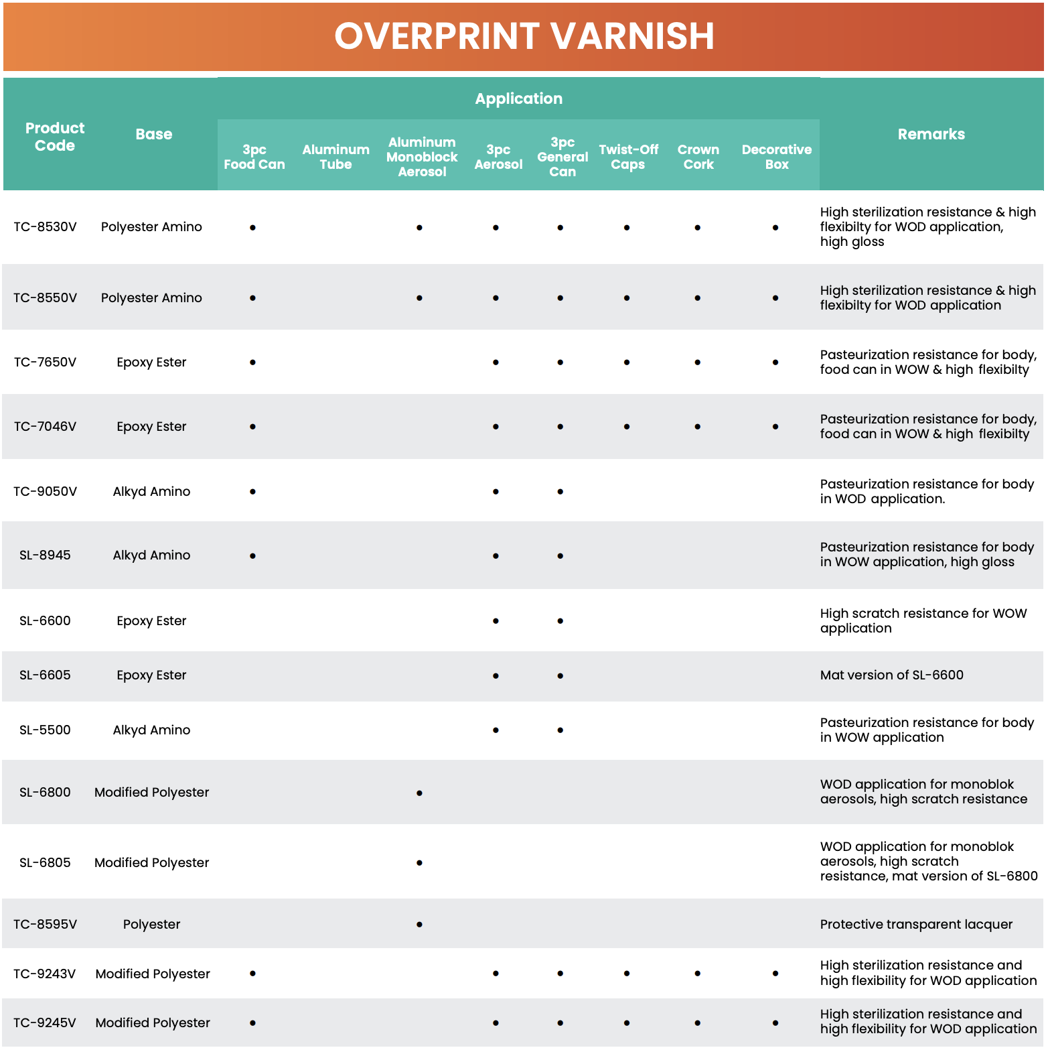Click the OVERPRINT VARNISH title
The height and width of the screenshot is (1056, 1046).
524,36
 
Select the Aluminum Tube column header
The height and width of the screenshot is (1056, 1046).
335,157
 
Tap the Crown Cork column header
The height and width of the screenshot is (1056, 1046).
698,157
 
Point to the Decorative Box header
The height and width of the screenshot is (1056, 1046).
776,157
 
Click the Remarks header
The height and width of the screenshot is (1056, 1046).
931,134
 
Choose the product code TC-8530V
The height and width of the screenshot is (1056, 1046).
46,227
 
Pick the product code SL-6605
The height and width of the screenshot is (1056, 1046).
45,675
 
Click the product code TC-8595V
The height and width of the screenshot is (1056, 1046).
46,925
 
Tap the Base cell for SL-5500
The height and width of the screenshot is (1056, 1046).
151,730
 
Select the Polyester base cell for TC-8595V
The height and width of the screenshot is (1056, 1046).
151,925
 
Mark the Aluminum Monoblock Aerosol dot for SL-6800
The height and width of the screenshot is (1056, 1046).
419,793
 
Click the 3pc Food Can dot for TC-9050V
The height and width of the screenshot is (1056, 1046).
252,492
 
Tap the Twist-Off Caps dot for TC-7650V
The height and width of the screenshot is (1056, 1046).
627,362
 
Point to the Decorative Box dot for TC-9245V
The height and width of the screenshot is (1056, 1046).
775,1023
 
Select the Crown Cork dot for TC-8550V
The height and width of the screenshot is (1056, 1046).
698,298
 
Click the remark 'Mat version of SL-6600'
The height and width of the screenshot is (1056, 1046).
891,675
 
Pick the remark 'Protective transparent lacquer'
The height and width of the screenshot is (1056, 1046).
916,925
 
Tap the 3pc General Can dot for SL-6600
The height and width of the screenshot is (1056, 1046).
561,621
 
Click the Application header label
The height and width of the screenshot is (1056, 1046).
518,99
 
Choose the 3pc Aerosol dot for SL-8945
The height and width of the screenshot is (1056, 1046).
496,556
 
